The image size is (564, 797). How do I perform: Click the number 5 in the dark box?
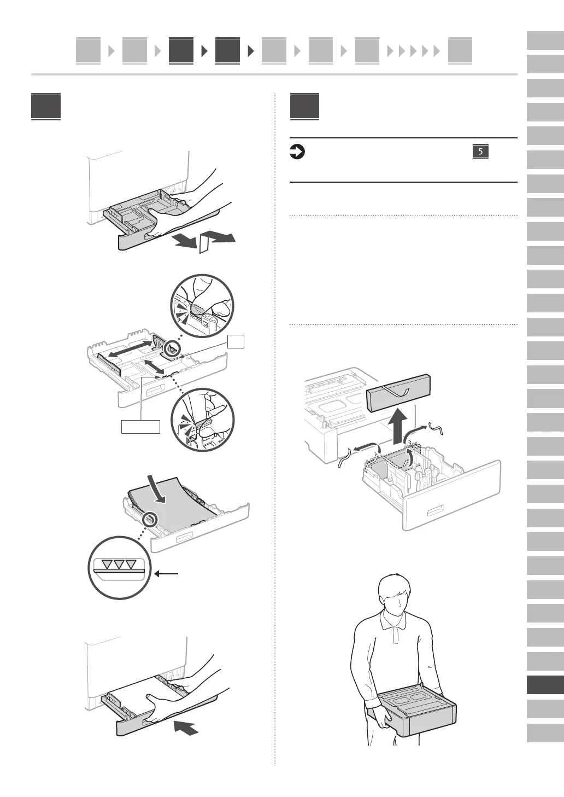coord(480,152)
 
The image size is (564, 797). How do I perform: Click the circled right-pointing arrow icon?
coord(297,152)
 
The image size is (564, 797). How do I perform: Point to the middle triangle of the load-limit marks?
coord(119,563)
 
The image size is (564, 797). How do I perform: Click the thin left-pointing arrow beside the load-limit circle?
coord(166,574)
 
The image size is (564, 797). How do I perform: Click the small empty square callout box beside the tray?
coord(236,341)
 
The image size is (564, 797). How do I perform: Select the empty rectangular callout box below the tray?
coord(140,427)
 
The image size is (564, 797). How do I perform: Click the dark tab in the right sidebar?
coord(545,685)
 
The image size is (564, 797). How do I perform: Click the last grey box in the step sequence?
coord(460,50)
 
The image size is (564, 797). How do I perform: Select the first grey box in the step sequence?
coord(88,50)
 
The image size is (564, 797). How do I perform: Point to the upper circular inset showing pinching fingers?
coord(202,306)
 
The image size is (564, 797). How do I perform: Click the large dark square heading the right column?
coord(304,106)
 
